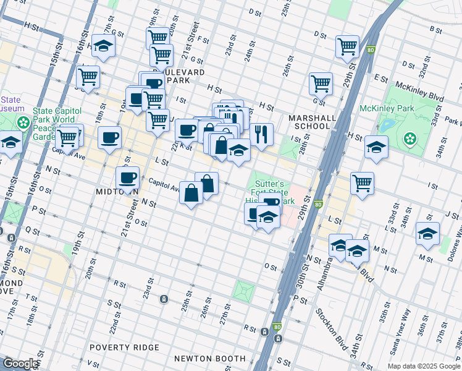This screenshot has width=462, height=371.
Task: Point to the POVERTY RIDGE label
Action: pyautogui.click(x=124, y=348)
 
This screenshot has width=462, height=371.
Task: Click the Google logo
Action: pyautogui.click(x=20, y=364)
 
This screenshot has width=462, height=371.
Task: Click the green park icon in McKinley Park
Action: pyautogui.click(x=409, y=139)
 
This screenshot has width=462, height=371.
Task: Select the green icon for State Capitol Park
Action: pyautogui.click(x=23, y=122)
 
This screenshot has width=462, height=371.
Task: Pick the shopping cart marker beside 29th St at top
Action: pyautogui.click(x=348, y=46)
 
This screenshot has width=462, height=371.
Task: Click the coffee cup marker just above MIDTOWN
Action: pyautogui.click(x=128, y=177)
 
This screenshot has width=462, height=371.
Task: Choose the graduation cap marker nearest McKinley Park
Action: pyautogui.click(x=376, y=147)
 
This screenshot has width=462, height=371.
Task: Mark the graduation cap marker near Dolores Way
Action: pyautogui.click(x=427, y=233)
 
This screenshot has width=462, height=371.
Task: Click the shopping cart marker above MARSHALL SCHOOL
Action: pyautogui.click(x=321, y=83)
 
